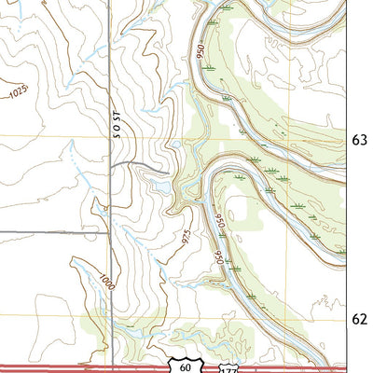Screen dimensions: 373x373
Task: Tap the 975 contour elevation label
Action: pos(188,237)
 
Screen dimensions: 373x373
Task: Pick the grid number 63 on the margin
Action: pos(361,140)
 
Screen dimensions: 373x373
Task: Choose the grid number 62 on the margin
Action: pos(361,319)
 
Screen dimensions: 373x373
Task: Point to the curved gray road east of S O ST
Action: pos(140,164)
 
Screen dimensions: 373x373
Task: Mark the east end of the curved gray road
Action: pos(169,172)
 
